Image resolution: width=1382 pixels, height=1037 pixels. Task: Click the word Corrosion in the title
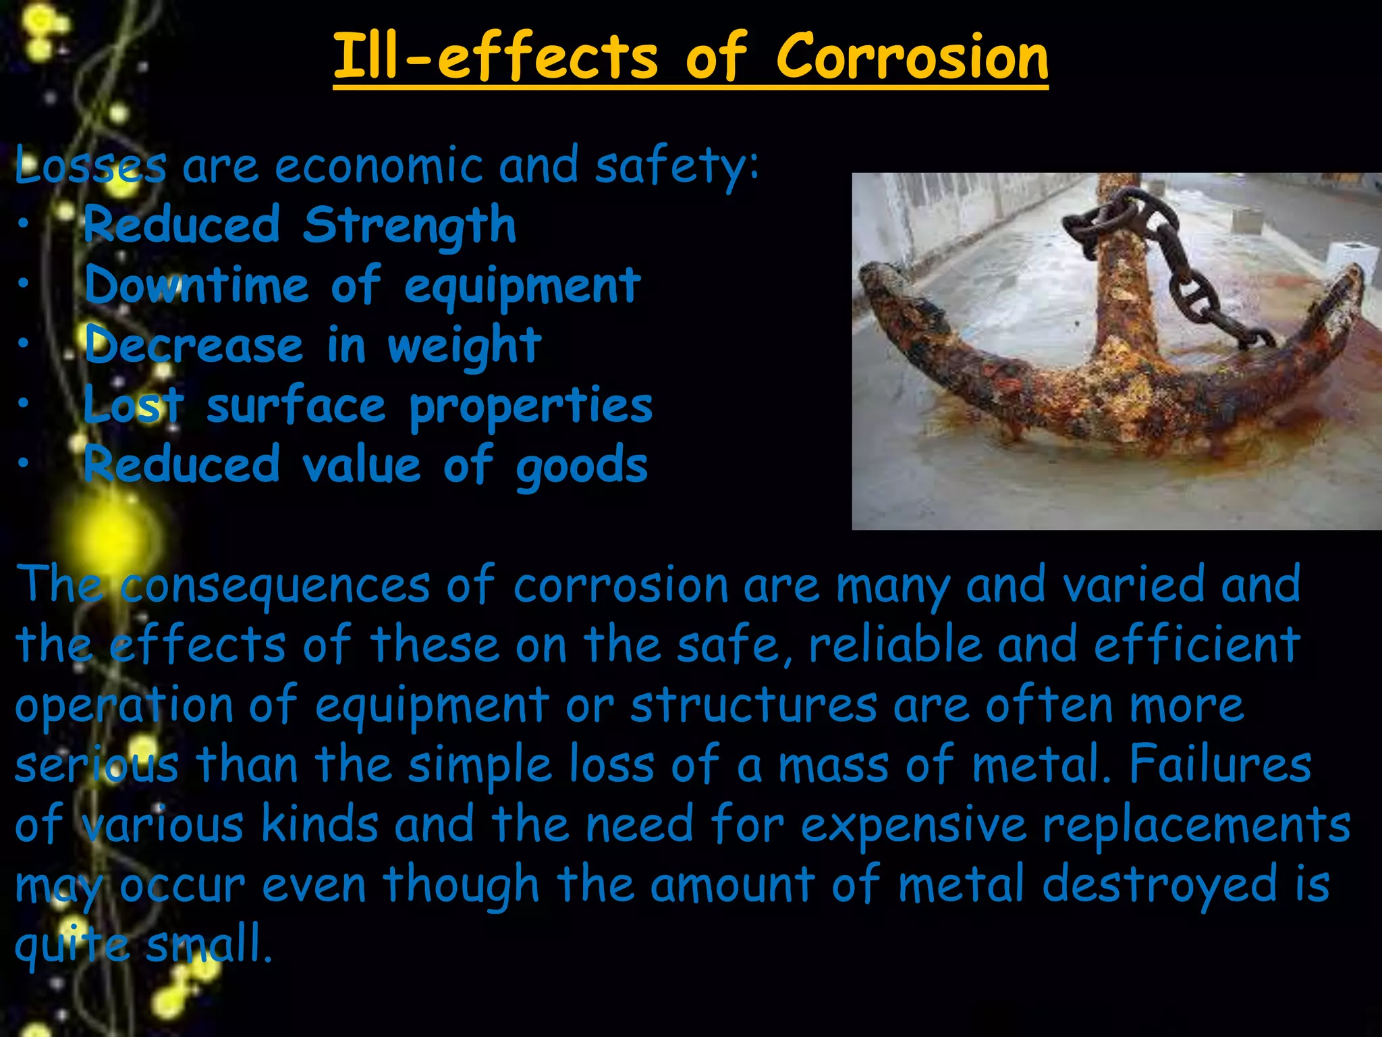coord(912,57)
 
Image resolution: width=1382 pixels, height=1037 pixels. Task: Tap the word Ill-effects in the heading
coord(495,57)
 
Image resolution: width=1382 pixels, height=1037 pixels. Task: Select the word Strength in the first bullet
coord(409,225)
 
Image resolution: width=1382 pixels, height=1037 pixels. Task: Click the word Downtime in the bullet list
coord(196,286)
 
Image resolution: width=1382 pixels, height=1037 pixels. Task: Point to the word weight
coord(464,346)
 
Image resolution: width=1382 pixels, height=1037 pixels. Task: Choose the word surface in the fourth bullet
coord(296,406)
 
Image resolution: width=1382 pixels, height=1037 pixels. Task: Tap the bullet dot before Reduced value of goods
coord(24,463)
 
